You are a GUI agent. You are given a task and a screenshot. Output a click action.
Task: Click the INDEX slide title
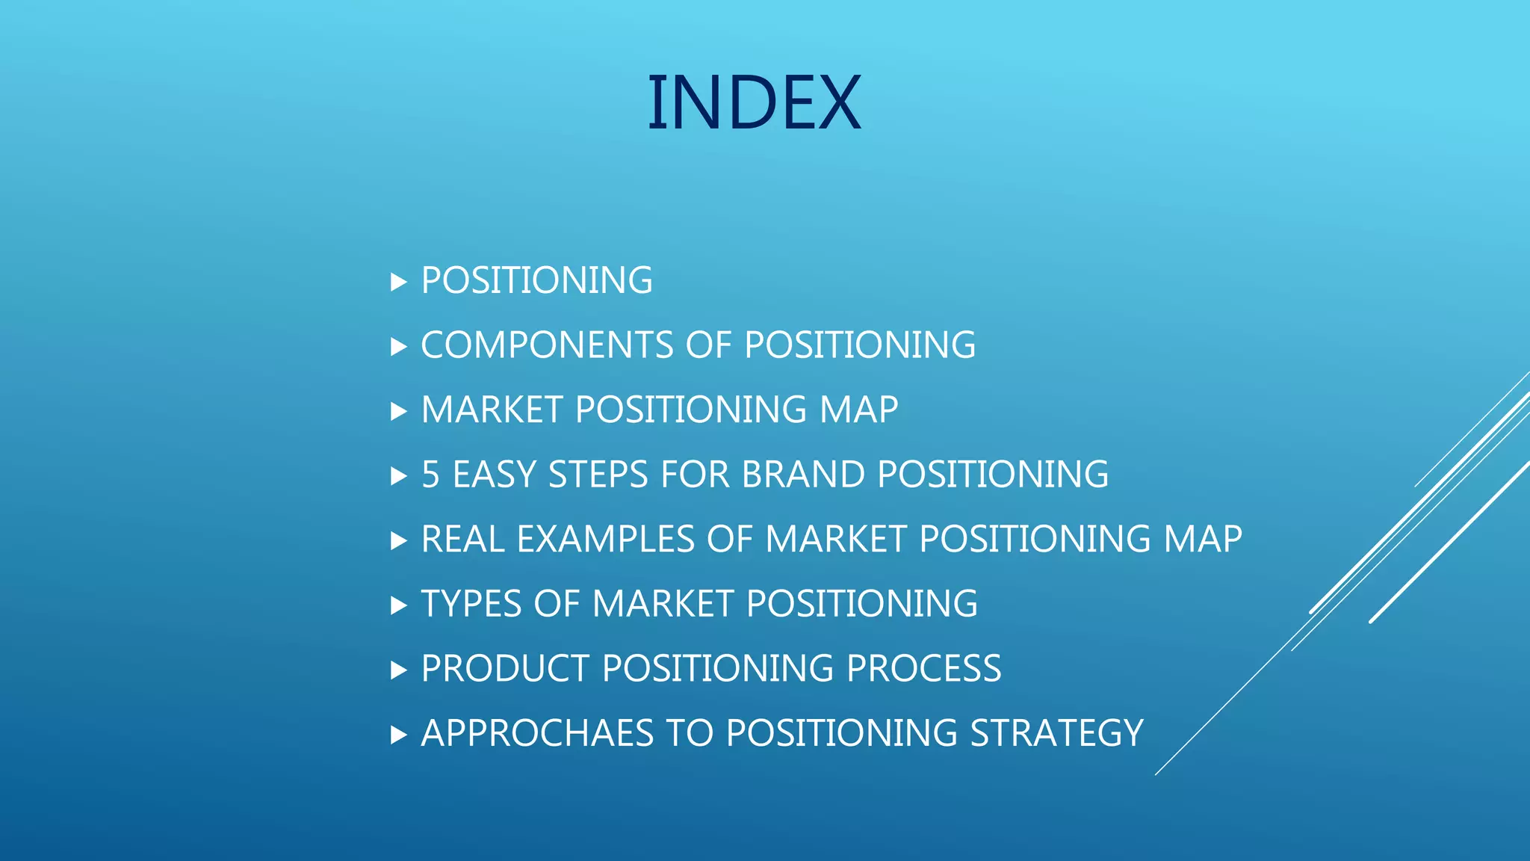[x=754, y=103]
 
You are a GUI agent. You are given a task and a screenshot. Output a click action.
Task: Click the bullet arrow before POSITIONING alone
[x=398, y=283]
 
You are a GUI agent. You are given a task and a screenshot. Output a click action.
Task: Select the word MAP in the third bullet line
[x=858, y=410]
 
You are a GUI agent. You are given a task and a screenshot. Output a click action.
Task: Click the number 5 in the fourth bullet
[x=430, y=475]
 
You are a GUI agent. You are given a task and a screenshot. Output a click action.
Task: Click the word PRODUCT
[x=505, y=669]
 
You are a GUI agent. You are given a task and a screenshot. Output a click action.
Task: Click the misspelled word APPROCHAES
[x=537, y=733]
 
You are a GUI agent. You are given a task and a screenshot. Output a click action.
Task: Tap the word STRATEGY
[x=1056, y=733]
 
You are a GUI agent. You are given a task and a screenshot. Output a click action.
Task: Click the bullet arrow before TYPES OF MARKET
[x=398, y=605]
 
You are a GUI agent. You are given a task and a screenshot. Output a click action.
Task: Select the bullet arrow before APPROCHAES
[x=398, y=735]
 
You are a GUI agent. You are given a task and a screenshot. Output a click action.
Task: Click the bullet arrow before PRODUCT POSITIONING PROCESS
[x=398, y=670]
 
